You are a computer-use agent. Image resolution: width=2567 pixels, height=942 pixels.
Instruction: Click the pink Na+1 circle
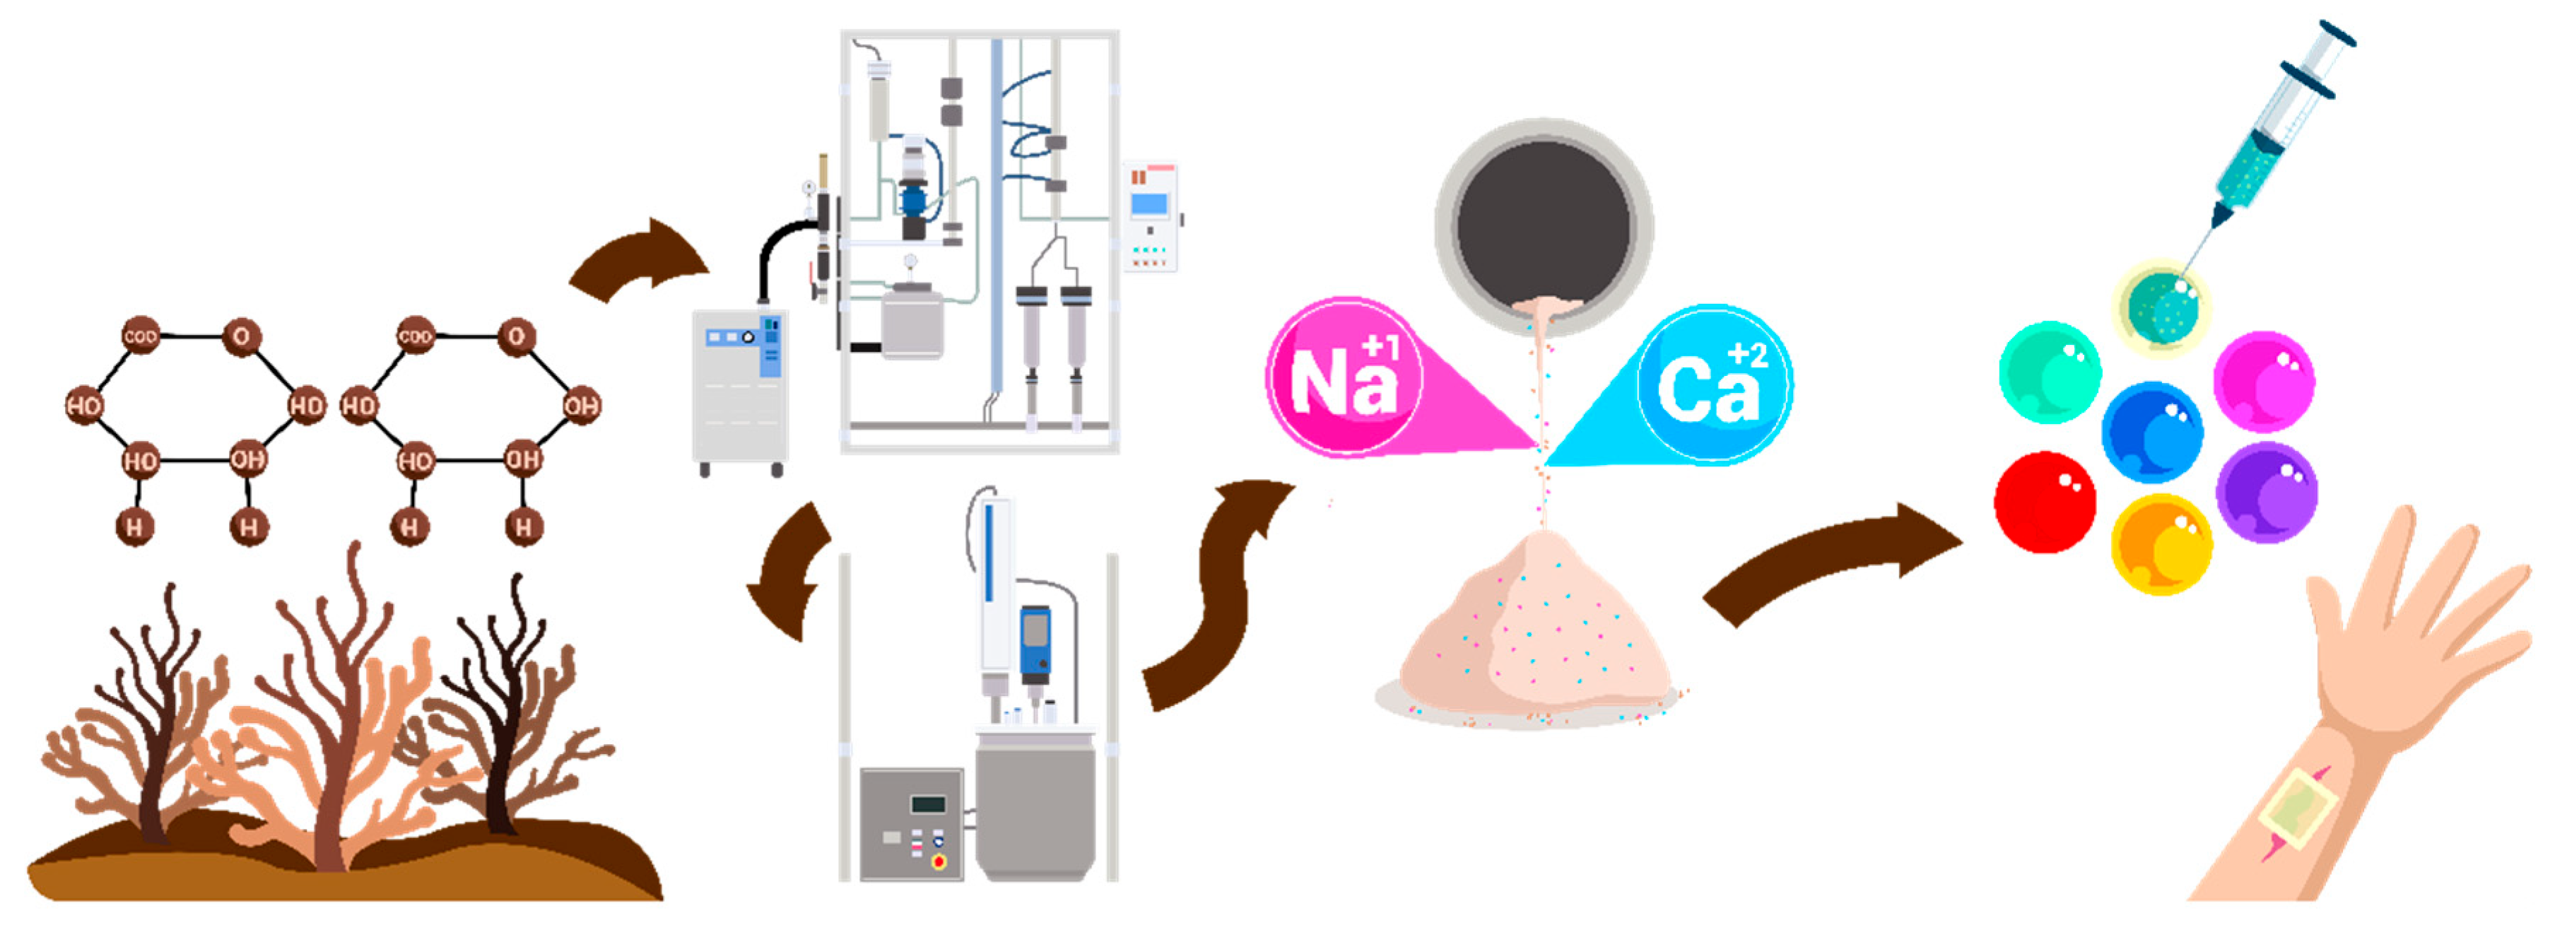tap(1344, 377)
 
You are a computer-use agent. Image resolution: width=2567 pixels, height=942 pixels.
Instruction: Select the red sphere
tap(2044, 502)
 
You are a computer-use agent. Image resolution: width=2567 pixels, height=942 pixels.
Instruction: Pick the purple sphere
tap(2266, 493)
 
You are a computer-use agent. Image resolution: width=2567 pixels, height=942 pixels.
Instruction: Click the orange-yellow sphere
tap(2161, 544)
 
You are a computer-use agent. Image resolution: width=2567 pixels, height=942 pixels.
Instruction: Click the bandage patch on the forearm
tap(2298, 808)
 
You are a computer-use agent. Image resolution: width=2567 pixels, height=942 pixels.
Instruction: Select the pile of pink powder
tap(1534, 638)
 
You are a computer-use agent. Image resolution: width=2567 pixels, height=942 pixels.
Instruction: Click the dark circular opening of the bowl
tap(1543, 223)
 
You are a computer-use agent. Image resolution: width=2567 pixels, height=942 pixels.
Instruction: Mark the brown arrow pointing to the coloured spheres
tap(1833, 564)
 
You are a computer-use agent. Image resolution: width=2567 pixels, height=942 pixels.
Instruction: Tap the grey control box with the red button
tap(911, 823)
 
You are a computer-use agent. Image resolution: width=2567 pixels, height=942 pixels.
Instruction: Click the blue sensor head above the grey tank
tap(1035, 643)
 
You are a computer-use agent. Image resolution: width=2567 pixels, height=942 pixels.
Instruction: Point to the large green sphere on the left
tap(2050, 372)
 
